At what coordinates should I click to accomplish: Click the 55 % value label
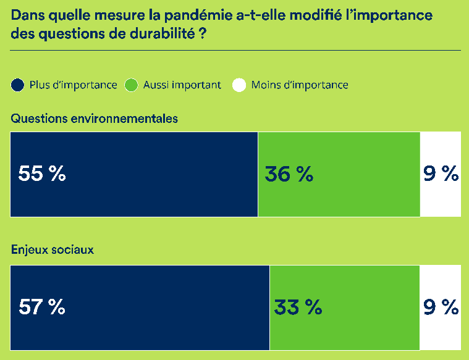pos(42,174)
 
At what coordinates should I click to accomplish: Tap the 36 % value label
pos(289,174)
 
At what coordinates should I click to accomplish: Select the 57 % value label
pos(42,307)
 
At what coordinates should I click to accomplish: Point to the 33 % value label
pos(298,307)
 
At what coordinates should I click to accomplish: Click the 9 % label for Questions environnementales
pos(441,174)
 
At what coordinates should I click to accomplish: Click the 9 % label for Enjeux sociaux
pos(441,307)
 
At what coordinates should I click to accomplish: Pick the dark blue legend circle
pos(18,85)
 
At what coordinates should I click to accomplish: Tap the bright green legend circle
pos(131,85)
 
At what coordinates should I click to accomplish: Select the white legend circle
pos(239,85)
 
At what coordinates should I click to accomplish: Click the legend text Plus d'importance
pos(73,85)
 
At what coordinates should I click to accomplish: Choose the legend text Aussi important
pos(182,85)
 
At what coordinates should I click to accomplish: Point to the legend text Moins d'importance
pos(300,85)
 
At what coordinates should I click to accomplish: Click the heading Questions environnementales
pos(94,118)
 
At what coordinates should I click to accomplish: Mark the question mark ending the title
pos(202,34)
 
